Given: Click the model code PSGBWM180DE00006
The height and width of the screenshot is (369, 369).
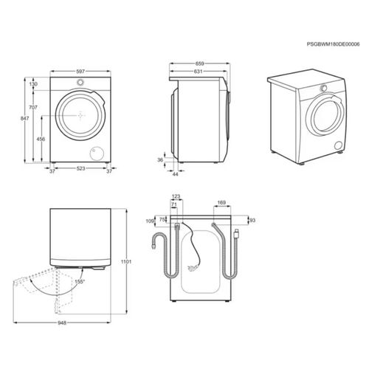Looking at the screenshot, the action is tap(333, 44).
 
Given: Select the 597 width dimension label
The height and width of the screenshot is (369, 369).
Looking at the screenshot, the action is tap(80, 72).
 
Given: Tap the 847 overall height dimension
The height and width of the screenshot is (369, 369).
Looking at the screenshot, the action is tap(24, 118).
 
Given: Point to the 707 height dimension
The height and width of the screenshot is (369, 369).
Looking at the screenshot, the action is tap(33, 107).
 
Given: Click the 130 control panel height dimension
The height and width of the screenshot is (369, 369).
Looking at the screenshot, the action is tap(33, 84).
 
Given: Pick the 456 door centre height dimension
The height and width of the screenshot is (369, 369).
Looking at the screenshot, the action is tap(41, 139).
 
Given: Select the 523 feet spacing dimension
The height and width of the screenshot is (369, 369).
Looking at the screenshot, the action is tap(80, 168).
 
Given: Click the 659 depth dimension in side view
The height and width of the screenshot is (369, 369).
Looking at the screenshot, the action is tap(200, 63).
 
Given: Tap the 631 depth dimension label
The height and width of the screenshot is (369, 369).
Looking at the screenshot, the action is tap(198, 72).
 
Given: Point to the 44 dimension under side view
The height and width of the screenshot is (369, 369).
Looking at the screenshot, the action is tap(175, 174).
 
